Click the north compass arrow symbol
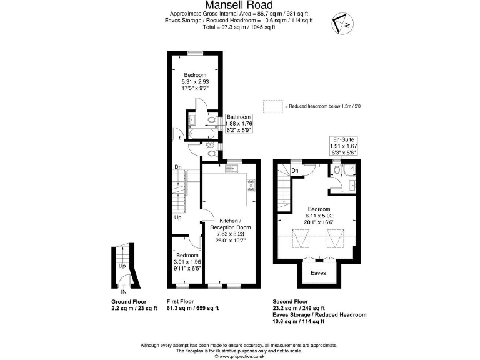(x=342, y=23)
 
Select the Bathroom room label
(x=238, y=117)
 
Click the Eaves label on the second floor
(x=318, y=273)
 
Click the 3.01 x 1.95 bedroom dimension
(x=187, y=262)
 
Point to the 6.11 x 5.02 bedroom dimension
(x=318, y=216)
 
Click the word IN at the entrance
(x=123, y=291)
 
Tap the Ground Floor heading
(x=129, y=301)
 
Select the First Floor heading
(x=184, y=301)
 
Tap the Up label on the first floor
(x=177, y=217)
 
